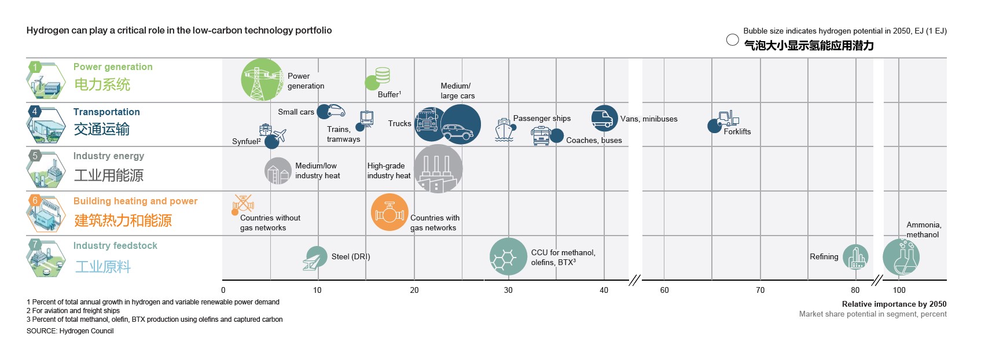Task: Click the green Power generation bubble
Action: [x=263, y=80]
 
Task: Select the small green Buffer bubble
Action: [x=372, y=83]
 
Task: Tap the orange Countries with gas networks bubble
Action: [x=390, y=212]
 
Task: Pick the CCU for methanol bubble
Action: [x=508, y=256]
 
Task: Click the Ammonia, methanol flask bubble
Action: [x=901, y=257]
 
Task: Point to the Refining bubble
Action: [x=855, y=257]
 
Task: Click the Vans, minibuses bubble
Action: [x=604, y=118]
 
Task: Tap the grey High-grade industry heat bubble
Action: [x=438, y=168]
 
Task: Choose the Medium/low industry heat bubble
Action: [x=278, y=171]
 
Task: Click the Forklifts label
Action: [x=737, y=132]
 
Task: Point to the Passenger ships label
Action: [x=542, y=119]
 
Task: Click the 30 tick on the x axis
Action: [x=508, y=291]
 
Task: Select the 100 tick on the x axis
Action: [x=899, y=291]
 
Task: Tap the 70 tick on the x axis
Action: [x=760, y=291]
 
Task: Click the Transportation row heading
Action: [x=106, y=112]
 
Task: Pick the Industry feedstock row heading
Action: [x=115, y=246]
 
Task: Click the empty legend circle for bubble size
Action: [x=732, y=40]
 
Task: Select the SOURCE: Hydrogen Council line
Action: [x=70, y=331]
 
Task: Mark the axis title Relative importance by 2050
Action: [x=894, y=304]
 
